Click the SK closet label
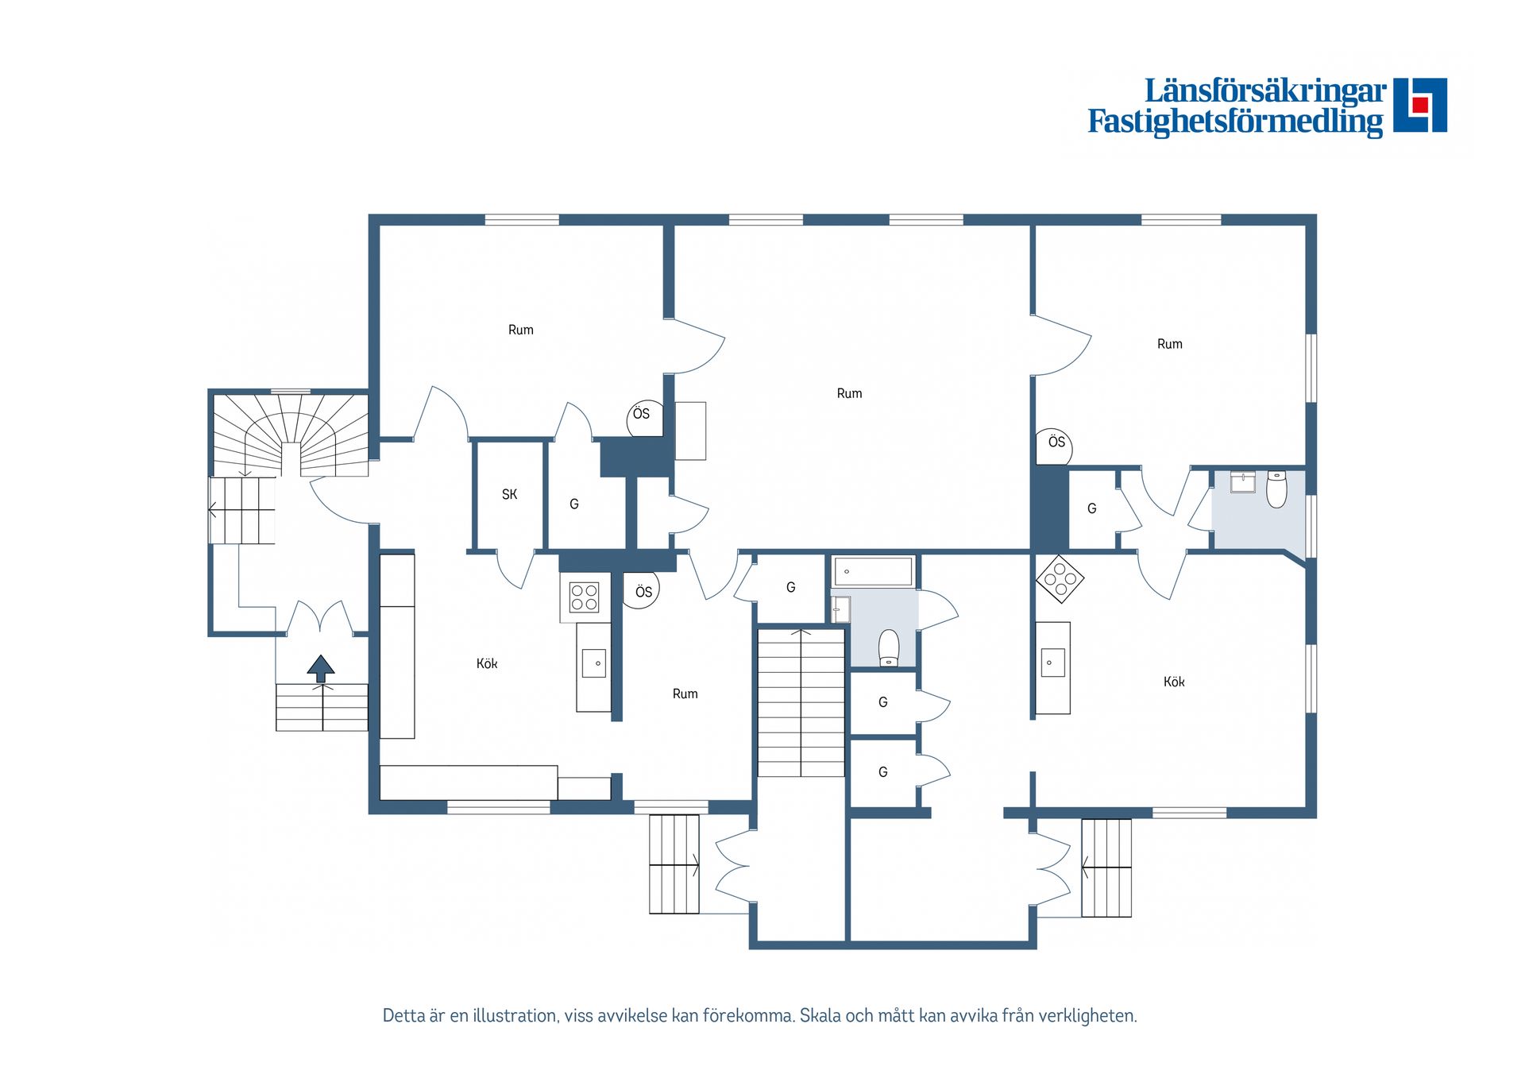tap(509, 494)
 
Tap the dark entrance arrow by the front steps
tap(321, 668)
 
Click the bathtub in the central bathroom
tap(873, 571)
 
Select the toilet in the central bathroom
tap(889, 647)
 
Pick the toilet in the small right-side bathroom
tap(1276, 489)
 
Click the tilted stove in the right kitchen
tap(1060, 578)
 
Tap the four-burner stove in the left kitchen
tap(585, 597)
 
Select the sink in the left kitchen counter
tap(593, 663)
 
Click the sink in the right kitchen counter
tap(1052, 662)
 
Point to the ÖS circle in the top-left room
tap(643, 416)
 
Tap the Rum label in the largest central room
tap(849, 393)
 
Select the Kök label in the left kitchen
tap(487, 663)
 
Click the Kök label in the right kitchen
tap(1173, 682)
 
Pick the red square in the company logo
tap(1420, 105)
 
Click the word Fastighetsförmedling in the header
tap(1234, 122)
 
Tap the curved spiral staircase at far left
tap(291, 435)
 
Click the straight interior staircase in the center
tap(801, 702)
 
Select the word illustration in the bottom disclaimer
tap(515, 1015)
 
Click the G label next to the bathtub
tap(790, 587)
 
